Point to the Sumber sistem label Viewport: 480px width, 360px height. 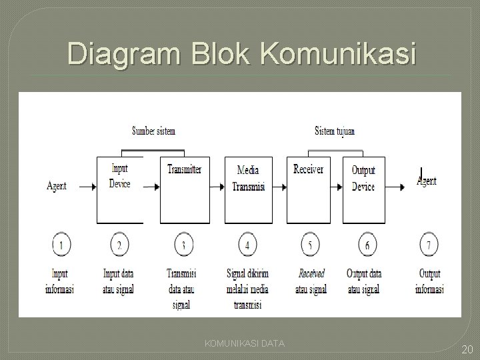click(154, 131)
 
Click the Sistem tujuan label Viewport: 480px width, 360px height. click(335, 131)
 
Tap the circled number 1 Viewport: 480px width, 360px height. click(61, 245)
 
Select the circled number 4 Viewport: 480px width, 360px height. click(248, 245)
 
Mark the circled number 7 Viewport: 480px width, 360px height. click(429, 245)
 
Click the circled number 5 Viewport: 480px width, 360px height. click(310, 245)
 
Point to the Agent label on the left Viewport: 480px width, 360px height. click(57, 187)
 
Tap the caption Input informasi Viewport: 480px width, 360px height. click(60, 281)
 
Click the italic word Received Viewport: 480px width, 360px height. click(311, 273)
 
